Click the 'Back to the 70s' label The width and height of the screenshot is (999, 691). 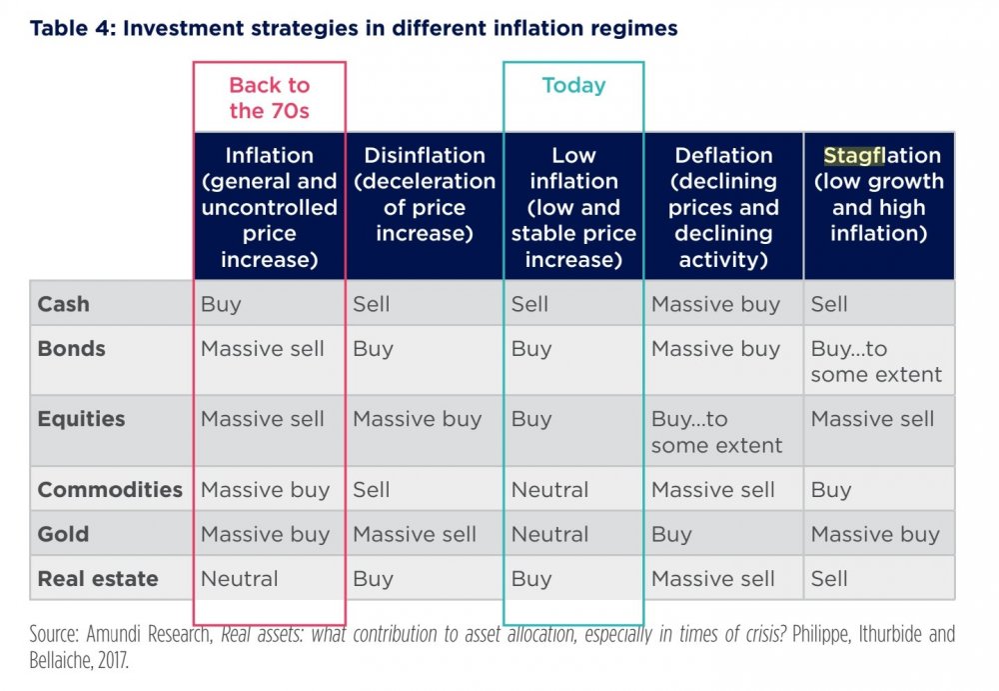click(270, 98)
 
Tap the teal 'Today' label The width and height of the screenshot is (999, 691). click(573, 86)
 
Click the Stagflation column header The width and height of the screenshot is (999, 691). click(879, 195)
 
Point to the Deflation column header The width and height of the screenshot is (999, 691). click(723, 208)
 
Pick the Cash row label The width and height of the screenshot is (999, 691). click(63, 304)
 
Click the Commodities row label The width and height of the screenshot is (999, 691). click(110, 490)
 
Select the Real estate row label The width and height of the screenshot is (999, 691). click(98, 578)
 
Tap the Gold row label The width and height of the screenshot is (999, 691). click(63, 534)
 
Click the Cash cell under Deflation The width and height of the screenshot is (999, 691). click(715, 304)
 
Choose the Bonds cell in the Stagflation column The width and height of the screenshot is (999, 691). click(876, 362)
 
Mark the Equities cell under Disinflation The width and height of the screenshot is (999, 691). click(417, 419)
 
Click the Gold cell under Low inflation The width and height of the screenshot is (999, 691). click(549, 534)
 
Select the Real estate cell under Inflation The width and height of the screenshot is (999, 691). click(240, 578)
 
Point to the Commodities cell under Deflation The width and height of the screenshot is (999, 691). click(712, 490)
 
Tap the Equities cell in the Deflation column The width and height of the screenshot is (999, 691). click(716, 432)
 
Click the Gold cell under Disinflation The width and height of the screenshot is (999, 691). click(415, 534)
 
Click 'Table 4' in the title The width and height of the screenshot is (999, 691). click(72, 28)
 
